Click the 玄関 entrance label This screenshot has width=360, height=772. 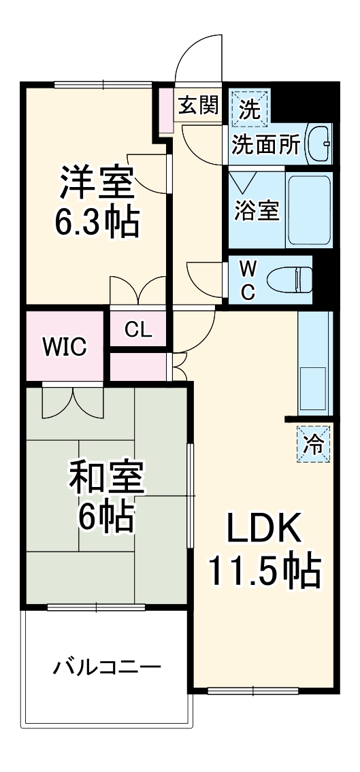coord(198,105)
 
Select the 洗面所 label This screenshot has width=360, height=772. coord(266,145)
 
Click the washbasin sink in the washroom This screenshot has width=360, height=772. coord(318,144)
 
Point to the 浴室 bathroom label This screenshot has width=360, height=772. coord(257,209)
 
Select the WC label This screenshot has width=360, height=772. coord(247,280)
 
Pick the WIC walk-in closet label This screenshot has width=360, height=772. coord(65,347)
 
